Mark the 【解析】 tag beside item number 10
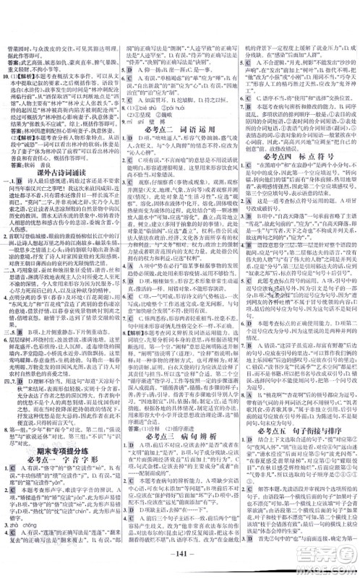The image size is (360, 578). [x=26, y=76]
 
